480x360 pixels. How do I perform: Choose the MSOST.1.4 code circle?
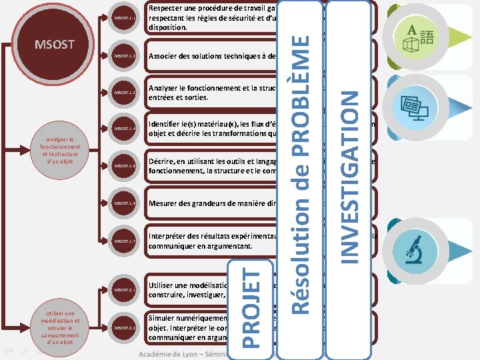125,128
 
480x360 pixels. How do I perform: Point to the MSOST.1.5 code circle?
125,165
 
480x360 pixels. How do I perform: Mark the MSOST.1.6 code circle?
125,202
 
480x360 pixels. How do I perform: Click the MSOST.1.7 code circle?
125,241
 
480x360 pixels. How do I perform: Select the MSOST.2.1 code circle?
125,290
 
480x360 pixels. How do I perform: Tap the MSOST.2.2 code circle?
125,328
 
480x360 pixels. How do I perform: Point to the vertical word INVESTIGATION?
351,175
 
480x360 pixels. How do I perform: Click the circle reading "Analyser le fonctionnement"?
60,151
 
